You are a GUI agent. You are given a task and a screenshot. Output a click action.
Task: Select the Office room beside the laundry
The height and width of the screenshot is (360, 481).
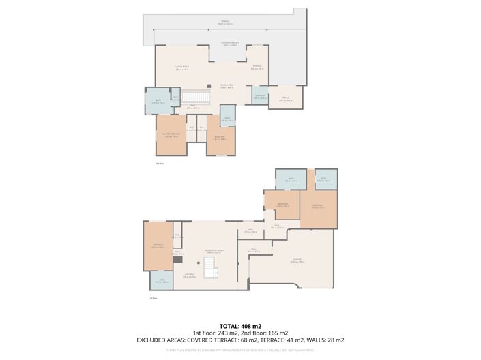[x=285, y=97]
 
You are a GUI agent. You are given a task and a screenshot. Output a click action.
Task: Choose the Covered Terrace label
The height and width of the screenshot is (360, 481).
[x=230, y=44]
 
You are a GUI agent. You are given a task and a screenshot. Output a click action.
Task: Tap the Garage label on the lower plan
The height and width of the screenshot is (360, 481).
[x=296, y=260]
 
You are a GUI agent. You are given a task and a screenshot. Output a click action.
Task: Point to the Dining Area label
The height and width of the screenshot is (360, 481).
[x=227, y=85]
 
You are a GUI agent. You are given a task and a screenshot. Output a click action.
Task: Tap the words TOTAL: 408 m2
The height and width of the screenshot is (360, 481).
[x=240, y=326]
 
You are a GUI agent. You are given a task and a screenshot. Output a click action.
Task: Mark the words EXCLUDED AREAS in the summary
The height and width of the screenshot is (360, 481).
[x=165, y=340]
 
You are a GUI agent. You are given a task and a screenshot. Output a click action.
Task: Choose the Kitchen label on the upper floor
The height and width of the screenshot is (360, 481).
[x=257, y=67]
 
